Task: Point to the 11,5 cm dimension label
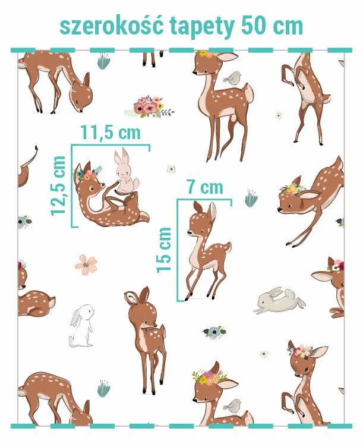pyautogui.click(x=111, y=132)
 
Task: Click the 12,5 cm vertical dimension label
pyautogui.click(x=58, y=186)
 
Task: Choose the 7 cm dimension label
pyautogui.click(x=205, y=187)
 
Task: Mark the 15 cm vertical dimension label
pyautogui.click(x=164, y=250)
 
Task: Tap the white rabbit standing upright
pyautogui.click(x=81, y=326)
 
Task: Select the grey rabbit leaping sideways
pyautogui.click(x=280, y=301)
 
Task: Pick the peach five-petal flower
pyautogui.click(x=86, y=264)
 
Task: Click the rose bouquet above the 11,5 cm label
pyautogui.click(x=149, y=107)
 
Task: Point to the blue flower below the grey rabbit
pyautogui.click(x=214, y=332)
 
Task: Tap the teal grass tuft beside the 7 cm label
pyautogui.click(x=251, y=198)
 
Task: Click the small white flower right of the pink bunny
pyautogui.click(x=171, y=169)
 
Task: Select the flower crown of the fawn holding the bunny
pyautogui.click(x=87, y=174)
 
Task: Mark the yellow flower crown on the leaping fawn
pyautogui.click(x=292, y=189)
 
